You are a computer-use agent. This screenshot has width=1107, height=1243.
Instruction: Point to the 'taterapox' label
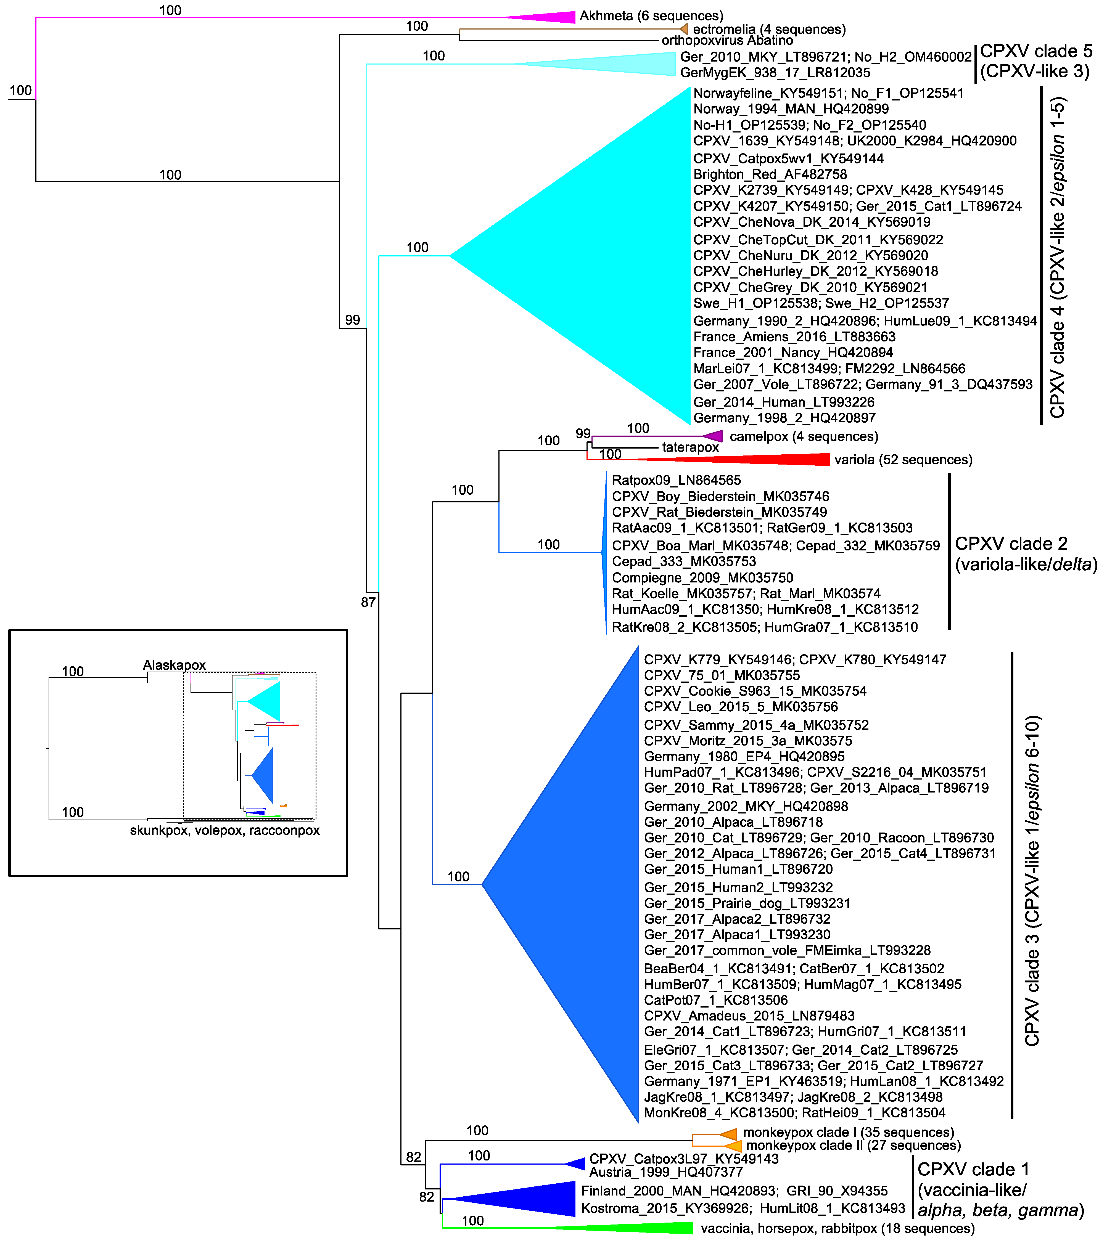click(690, 447)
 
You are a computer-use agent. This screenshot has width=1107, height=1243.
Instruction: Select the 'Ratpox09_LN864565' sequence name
click(676, 480)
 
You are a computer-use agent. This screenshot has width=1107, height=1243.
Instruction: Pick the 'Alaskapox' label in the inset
click(175, 665)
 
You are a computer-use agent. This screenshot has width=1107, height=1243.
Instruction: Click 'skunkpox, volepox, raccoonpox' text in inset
click(224, 831)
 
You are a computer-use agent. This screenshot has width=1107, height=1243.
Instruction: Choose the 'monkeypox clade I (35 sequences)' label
click(849, 1132)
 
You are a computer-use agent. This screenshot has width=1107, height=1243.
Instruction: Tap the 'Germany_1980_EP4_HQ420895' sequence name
click(744, 757)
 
